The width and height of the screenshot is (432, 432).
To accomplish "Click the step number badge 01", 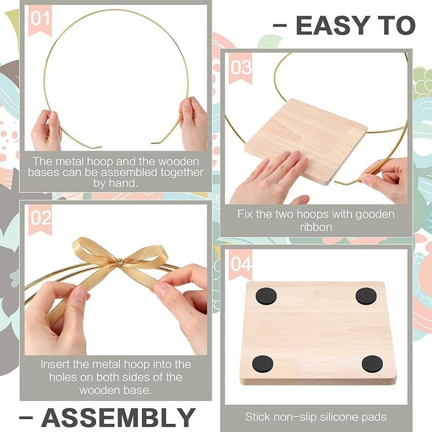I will pos(39,19).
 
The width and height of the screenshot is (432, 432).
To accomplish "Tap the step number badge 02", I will pos(40,219).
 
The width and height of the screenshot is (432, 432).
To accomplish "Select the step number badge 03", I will pos(240,67).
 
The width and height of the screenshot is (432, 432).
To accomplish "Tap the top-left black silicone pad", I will pos(266,296).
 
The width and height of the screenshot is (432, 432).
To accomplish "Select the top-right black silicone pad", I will pos(366,296).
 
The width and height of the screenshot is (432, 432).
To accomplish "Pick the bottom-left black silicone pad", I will pos(263,363).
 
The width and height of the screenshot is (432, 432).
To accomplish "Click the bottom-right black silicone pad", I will pos(372,363).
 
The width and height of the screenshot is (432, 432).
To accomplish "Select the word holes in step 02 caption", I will pos(64,377).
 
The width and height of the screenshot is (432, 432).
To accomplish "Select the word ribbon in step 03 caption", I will pos(316,227).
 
